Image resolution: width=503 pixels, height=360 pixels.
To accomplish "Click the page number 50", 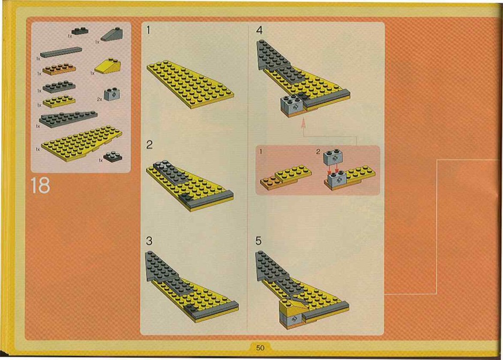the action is (x=260, y=348).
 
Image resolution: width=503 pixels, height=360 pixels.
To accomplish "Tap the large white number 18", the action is (x=40, y=185).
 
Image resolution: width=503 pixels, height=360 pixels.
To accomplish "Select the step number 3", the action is (x=149, y=241).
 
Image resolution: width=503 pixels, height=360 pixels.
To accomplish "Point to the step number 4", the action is (x=259, y=30).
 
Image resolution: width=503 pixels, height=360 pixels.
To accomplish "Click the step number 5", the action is (x=259, y=241).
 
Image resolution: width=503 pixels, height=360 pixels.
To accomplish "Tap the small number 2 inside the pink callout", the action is (x=318, y=152).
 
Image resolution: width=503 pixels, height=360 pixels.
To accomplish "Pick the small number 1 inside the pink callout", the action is (x=261, y=151).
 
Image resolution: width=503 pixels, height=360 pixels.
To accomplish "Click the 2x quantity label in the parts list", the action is (x=100, y=100).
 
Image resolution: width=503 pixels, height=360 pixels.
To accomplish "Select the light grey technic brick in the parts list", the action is (x=112, y=94).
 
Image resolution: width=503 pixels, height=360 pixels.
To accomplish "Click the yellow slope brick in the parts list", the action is (x=108, y=66).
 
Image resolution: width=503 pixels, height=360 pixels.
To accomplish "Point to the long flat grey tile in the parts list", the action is (x=61, y=52).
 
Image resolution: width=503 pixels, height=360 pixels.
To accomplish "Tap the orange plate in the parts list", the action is (x=59, y=69).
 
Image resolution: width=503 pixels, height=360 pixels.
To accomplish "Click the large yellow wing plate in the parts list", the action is (x=82, y=143).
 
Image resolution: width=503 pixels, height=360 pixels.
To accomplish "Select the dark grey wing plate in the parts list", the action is (x=67, y=119).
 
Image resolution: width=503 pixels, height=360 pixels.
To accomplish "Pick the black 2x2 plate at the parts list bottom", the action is (x=112, y=156).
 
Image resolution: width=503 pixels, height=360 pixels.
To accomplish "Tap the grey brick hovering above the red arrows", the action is (x=334, y=157).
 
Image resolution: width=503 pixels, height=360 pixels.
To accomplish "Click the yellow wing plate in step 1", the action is (x=191, y=85).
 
